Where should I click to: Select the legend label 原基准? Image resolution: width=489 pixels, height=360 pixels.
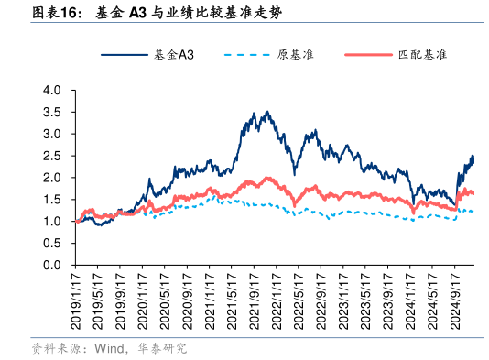(295, 55)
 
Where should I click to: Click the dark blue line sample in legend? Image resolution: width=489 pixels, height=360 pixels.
(120, 55)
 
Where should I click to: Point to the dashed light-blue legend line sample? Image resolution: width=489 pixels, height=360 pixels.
(246, 55)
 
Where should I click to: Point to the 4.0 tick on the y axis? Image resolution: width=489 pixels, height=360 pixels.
(51, 91)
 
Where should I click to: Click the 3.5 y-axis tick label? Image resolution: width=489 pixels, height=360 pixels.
(51, 113)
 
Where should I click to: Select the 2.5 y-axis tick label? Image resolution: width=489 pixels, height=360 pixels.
(51, 156)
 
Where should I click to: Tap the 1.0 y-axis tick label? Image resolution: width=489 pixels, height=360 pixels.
(51, 221)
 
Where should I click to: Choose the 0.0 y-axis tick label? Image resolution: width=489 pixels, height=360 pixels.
(51, 265)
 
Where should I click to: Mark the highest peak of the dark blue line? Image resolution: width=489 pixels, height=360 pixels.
(266, 113)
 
